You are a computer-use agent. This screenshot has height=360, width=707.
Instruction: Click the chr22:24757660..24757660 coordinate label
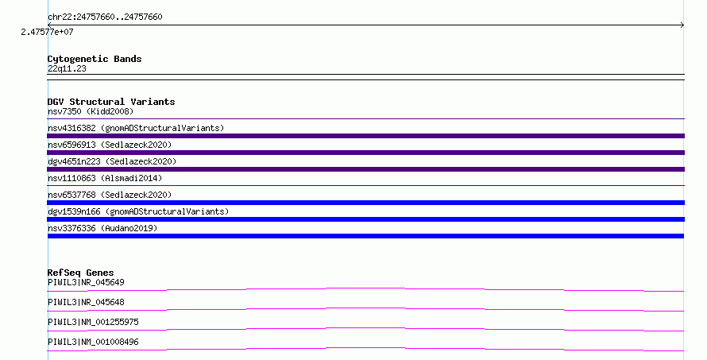pyautogui.click(x=105, y=17)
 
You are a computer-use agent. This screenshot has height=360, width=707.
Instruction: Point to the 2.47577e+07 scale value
pyautogui.click(x=47, y=32)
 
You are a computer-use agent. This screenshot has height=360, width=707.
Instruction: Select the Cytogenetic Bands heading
pyautogui.click(x=95, y=59)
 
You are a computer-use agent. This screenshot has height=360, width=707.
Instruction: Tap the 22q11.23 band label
pyautogui.click(x=67, y=68)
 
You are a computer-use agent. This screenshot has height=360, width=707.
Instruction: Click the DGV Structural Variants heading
pyautogui.click(x=111, y=102)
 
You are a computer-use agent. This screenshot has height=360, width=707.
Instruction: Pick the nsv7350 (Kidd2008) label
pyautogui.click(x=91, y=111)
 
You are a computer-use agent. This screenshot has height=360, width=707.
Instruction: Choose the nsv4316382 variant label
pyautogui.click(x=136, y=128)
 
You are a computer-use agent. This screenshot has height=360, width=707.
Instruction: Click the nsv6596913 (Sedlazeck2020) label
pyautogui.click(x=110, y=145)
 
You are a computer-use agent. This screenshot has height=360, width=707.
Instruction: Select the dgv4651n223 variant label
pyautogui.click(x=112, y=161)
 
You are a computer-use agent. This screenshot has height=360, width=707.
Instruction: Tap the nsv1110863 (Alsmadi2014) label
pyautogui.click(x=105, y=178)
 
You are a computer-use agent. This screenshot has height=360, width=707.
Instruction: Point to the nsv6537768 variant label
pyautogui.click(x=110, y=195)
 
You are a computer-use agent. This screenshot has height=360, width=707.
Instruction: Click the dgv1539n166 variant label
pyautogui.click(x=138, y=211)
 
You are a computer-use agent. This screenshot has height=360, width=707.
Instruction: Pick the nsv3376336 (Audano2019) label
pyautogui.click(x=102, y=228)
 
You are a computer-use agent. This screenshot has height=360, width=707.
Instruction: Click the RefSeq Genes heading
pyautogui.click(x=80, y=273)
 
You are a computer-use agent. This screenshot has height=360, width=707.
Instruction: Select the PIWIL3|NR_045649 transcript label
pyautogui.click(x=86, y=282)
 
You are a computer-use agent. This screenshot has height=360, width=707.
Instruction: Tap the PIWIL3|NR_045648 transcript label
pyautogui.click(x=86, y=302)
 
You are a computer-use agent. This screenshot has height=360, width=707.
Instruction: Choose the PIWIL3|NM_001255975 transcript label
pyautogui.click(x=93, y=322)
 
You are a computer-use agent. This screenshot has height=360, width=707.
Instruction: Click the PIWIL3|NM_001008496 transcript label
pyautogui.click(x=93, y=342)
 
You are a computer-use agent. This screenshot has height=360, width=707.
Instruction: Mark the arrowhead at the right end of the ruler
pyautogui.click(x=683, y=25)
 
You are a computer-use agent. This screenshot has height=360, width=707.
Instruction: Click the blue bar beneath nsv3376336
pyautogui.click(x=365, y=236)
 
